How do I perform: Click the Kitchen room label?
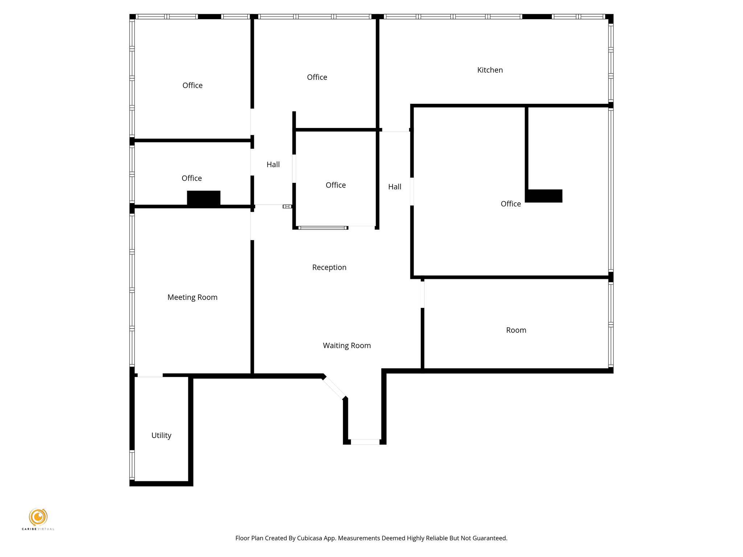(490, 70)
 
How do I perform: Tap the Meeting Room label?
(192, 297)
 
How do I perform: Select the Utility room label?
(161, 435)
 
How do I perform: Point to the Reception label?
(329, 267)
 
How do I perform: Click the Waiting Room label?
(346, 346)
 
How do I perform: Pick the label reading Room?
(516, 330)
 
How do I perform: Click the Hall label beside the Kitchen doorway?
(394, 187)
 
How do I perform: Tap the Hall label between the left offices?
(273, 165)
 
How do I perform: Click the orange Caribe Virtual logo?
(38, 517)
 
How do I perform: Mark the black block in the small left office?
(204, 198)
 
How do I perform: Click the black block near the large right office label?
(544, 196)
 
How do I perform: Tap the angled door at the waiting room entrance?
(334, 388)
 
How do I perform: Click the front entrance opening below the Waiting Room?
(365, 442)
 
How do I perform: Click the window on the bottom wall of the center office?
(323, 228)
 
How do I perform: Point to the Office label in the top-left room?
(192, 85)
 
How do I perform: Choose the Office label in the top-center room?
(317, 77)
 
